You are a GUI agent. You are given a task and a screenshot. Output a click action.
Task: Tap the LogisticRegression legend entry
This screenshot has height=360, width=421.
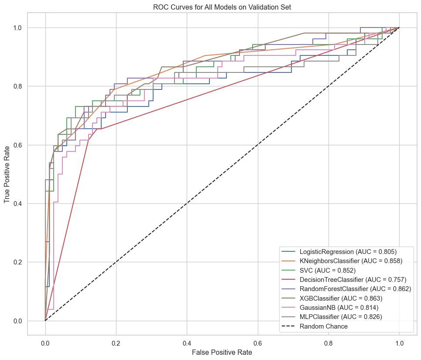[x=348, y=251]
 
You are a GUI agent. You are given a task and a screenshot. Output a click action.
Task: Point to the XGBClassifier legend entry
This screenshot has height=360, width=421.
[x=340, y=298]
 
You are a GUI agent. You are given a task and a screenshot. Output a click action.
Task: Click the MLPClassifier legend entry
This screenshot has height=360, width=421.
[x=341, y=317]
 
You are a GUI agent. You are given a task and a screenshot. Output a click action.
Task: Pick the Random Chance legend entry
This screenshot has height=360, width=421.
[x=323, y=326]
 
